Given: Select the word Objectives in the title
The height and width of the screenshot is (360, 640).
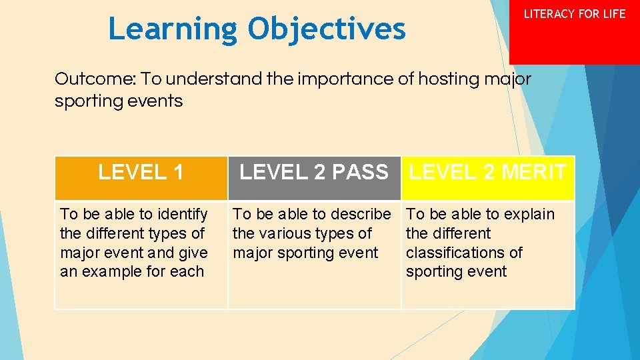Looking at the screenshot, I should [327, 29].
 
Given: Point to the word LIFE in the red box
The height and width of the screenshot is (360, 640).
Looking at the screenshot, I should [613, 14].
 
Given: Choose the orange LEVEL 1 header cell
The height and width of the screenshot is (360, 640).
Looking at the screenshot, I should [141, 178].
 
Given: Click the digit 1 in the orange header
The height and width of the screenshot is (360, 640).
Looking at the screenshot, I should [177, 173].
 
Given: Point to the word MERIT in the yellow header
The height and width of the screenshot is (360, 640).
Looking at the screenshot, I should [533, 173].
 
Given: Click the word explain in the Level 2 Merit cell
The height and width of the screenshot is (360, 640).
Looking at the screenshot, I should [529, 214].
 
